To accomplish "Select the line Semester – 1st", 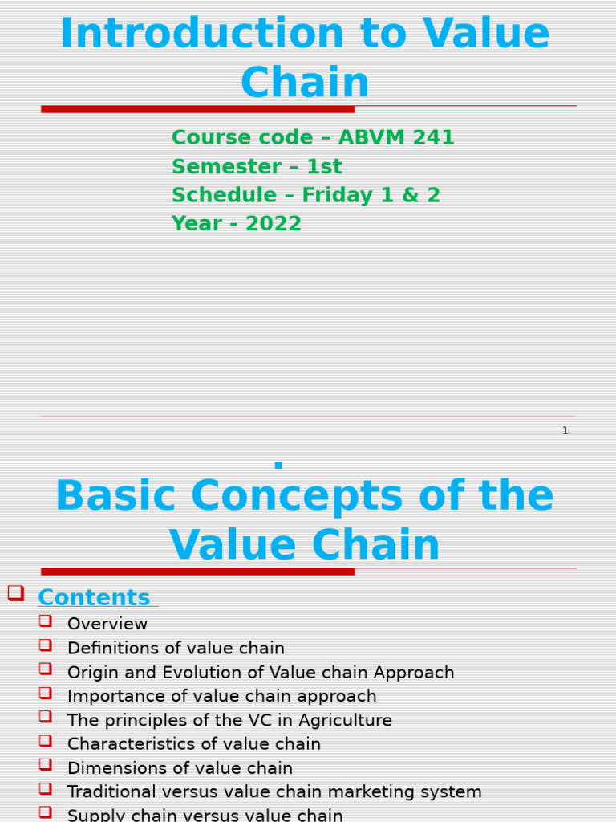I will [257, 167].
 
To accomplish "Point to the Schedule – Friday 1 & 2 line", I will [306, 196].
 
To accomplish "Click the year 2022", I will [274, 224].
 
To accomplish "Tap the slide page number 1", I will [565, 431].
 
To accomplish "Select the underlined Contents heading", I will [94, 598].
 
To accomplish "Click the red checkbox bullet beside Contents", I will [15, 593].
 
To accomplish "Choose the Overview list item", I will [107, 625].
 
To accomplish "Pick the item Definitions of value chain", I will [176, 649].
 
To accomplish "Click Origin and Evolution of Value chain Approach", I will [261, 673].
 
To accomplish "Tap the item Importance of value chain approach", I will [221, 697].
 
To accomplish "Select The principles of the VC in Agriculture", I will [229, 721].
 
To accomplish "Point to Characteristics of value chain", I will [194, 745].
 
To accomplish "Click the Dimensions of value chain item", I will [180, 769].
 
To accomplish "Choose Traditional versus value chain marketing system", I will [274, 793].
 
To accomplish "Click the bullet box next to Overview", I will [45, 621].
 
